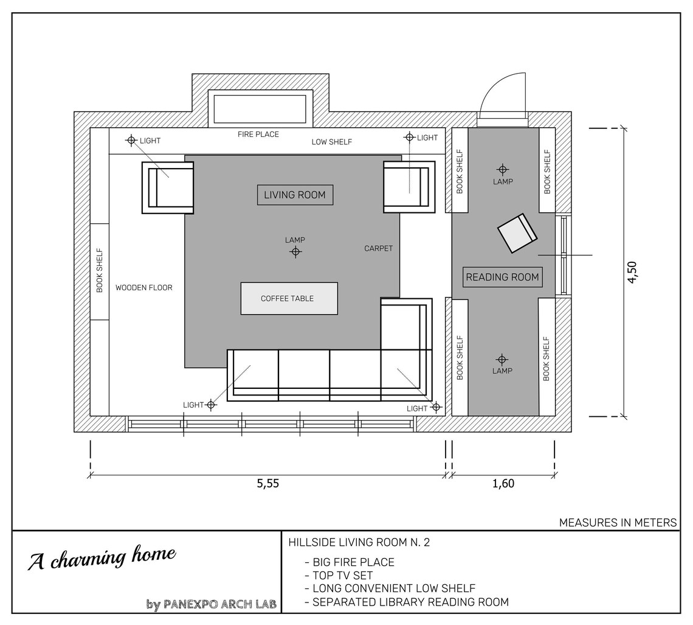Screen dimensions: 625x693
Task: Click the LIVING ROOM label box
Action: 295,195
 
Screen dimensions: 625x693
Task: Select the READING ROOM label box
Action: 502,277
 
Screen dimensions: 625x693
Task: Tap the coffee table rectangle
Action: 289,298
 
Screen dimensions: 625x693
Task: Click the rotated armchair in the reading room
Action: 517,233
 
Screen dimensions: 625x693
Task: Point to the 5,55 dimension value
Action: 267,484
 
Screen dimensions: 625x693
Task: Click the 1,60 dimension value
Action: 503,484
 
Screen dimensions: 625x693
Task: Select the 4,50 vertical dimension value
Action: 632,272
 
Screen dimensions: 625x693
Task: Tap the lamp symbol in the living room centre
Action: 295,251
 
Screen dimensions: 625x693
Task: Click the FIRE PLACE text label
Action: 258,134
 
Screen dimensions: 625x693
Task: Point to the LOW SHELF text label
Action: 332,142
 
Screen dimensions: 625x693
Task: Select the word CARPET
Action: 378,248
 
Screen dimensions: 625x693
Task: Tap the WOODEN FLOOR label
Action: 144,287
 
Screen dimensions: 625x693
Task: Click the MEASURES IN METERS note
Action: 617,522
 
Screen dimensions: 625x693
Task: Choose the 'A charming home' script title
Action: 102,557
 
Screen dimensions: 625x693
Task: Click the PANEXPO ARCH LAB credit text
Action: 220,604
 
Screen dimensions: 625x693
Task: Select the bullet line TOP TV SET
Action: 342,575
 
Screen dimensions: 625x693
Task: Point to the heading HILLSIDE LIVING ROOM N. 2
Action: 359,542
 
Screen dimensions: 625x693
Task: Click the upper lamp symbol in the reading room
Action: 502,169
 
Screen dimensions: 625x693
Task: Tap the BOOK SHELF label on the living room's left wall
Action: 100,271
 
